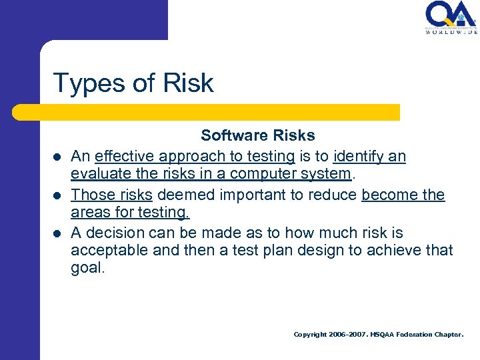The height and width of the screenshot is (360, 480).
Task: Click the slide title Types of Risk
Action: tap(133, 83)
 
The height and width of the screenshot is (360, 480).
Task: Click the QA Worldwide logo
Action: tap(451, 17)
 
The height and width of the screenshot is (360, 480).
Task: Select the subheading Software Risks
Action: tap(258, 135)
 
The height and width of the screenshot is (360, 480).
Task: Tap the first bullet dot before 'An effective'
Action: tap(58, 157)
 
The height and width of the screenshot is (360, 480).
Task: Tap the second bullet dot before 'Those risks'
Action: tap(58, 196)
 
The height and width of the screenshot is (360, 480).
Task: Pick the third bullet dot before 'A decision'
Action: tap(58, 234)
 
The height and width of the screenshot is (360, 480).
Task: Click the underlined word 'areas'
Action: tap(89, 213)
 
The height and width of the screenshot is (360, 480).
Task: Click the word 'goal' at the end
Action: tap(87, 269)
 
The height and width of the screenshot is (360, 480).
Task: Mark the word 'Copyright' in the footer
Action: tap(310, 335)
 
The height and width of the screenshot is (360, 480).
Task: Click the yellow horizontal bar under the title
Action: tap(220, 112)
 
